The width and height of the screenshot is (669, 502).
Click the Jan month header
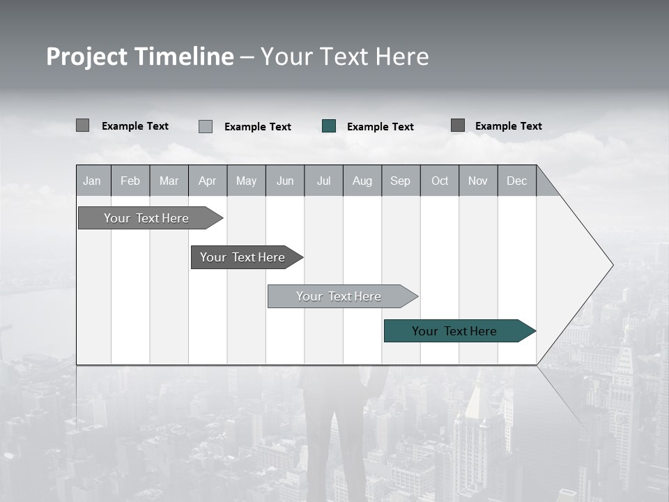pos(93,181)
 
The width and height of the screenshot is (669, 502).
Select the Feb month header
pos(130,181)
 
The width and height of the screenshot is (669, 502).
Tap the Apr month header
pos(208,181)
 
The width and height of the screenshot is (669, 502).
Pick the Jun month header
pos(285,181)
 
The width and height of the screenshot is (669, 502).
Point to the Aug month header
pos(362,181)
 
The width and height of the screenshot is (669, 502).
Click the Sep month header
pos(401,181)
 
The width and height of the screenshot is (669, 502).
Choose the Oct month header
pos(440,181)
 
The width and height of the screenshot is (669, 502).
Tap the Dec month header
pos(517,181)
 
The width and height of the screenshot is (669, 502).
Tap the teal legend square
pos(329,126)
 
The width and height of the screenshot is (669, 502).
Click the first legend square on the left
pos(82,125)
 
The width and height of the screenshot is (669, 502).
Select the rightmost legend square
pos(458,125)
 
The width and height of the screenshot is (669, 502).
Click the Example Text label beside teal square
pos(380,127)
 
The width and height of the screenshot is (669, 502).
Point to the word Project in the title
pos(86,57)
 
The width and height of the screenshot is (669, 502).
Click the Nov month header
pos(478,181)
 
